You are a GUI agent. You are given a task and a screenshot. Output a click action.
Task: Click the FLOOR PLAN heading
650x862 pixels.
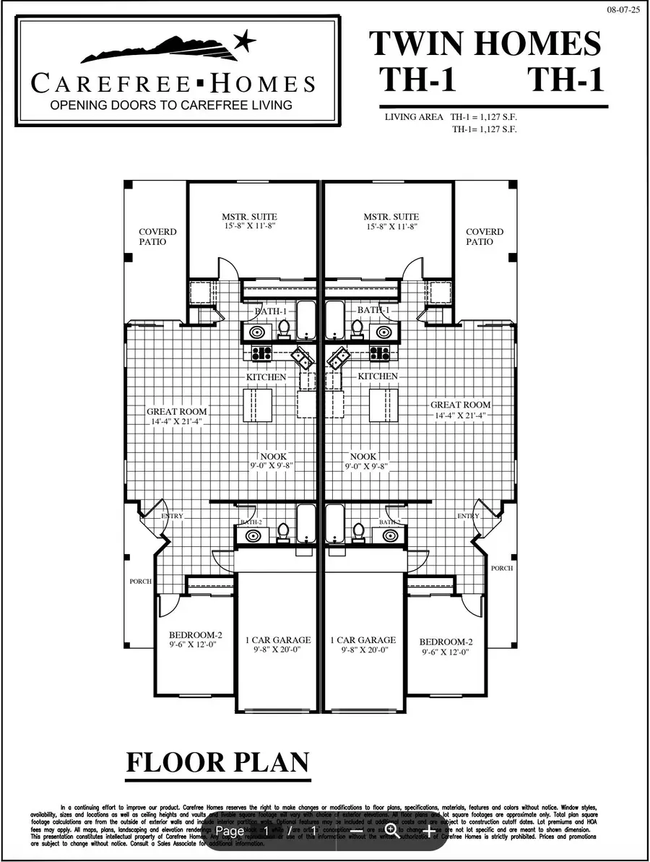218,763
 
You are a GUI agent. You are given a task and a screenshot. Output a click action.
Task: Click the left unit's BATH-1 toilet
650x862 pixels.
284,329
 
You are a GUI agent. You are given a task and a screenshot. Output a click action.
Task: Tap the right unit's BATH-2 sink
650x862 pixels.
391,535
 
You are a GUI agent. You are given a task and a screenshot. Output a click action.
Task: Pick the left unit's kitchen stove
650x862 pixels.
261,353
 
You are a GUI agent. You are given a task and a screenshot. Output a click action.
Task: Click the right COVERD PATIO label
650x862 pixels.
485,237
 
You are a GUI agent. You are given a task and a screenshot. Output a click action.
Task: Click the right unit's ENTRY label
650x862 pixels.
468,516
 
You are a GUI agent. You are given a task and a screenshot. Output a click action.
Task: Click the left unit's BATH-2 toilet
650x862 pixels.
284,532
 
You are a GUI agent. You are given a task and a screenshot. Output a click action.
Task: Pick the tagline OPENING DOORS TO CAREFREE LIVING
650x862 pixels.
170,105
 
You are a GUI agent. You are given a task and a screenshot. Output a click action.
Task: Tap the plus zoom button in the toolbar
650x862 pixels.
429,830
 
